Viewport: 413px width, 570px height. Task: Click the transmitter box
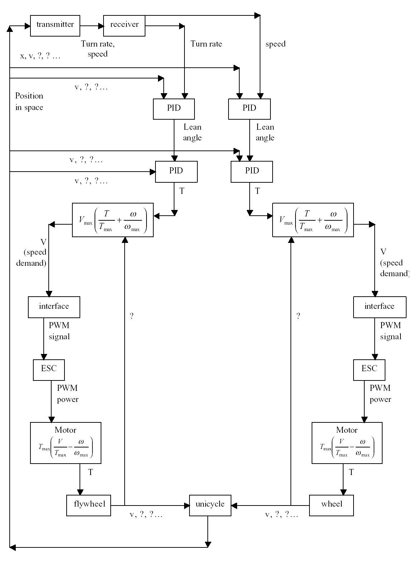point(55,25)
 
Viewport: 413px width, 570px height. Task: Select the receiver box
point(124,25)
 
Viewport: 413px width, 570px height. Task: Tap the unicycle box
point(210,505)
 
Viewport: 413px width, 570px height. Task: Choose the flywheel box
point(89,505)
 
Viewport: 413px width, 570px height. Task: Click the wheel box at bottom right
point(331,505)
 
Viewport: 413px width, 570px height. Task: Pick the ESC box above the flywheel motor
point(49,370)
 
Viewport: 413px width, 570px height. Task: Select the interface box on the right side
point(380,307)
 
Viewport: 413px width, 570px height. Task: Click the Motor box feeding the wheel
point(347,443)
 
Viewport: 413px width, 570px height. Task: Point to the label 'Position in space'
point(29,102)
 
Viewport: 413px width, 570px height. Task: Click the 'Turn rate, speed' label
point(98,49)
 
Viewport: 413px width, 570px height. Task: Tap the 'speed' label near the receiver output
point(275,44)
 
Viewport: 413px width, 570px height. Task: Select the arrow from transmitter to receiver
point(92,26)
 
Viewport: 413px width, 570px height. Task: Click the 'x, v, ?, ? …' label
point(40,56)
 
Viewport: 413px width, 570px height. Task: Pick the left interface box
point(54,307)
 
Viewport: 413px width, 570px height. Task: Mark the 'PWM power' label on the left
point(67,394)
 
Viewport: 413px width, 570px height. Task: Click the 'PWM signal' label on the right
point(390,331)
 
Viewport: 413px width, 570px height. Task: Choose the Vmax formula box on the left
point(113,220)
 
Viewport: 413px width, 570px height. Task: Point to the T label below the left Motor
point(91,473)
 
